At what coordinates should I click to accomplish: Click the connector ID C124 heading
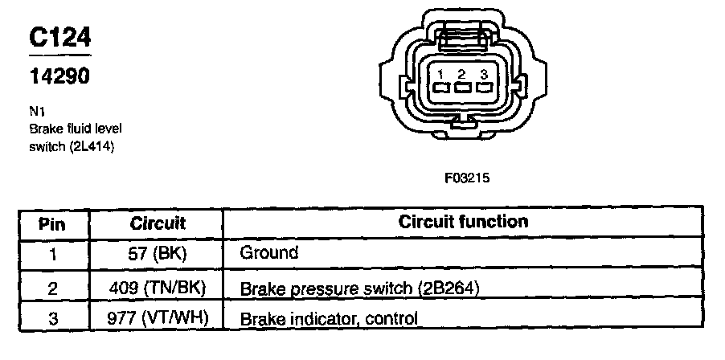click(60, 37)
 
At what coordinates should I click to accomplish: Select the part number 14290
click(59, 76)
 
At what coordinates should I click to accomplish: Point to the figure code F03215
click(466, 178)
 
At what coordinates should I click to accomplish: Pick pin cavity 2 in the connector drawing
click(461, 87)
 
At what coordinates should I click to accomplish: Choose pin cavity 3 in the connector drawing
click(483, 87)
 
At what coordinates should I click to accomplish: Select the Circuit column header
click(158, 223)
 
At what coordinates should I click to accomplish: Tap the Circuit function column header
click(463, 222)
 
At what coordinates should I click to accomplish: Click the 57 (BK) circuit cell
click(158, 253)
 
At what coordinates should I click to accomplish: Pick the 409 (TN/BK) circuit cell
click(158, 286)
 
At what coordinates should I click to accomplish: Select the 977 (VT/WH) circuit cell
click(158, 318)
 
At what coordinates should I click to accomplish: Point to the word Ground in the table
click(269, 253)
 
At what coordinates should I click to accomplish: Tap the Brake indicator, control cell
click(329, 319)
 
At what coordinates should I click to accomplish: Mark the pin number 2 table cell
click(53, 286)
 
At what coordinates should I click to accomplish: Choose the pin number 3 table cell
click(53, 318)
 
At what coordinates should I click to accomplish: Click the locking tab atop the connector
click(461, 37)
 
